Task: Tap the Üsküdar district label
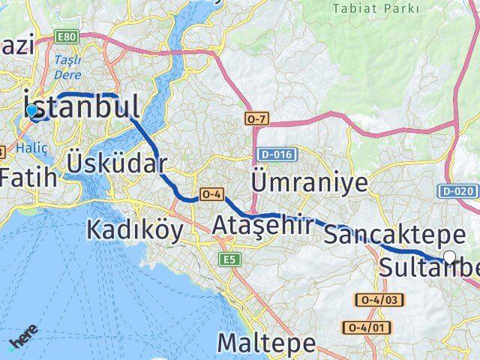pos(116,163)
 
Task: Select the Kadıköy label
pos(134,229)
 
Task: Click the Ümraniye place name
pos(310,181)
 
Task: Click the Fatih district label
pos(28,178)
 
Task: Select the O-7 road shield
pos(255,119)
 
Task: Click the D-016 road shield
pos(277,154)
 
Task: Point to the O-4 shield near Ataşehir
pos(210,195)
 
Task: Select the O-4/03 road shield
pos(382,300)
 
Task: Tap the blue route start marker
pos(31,111)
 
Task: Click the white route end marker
pos(449,257)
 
